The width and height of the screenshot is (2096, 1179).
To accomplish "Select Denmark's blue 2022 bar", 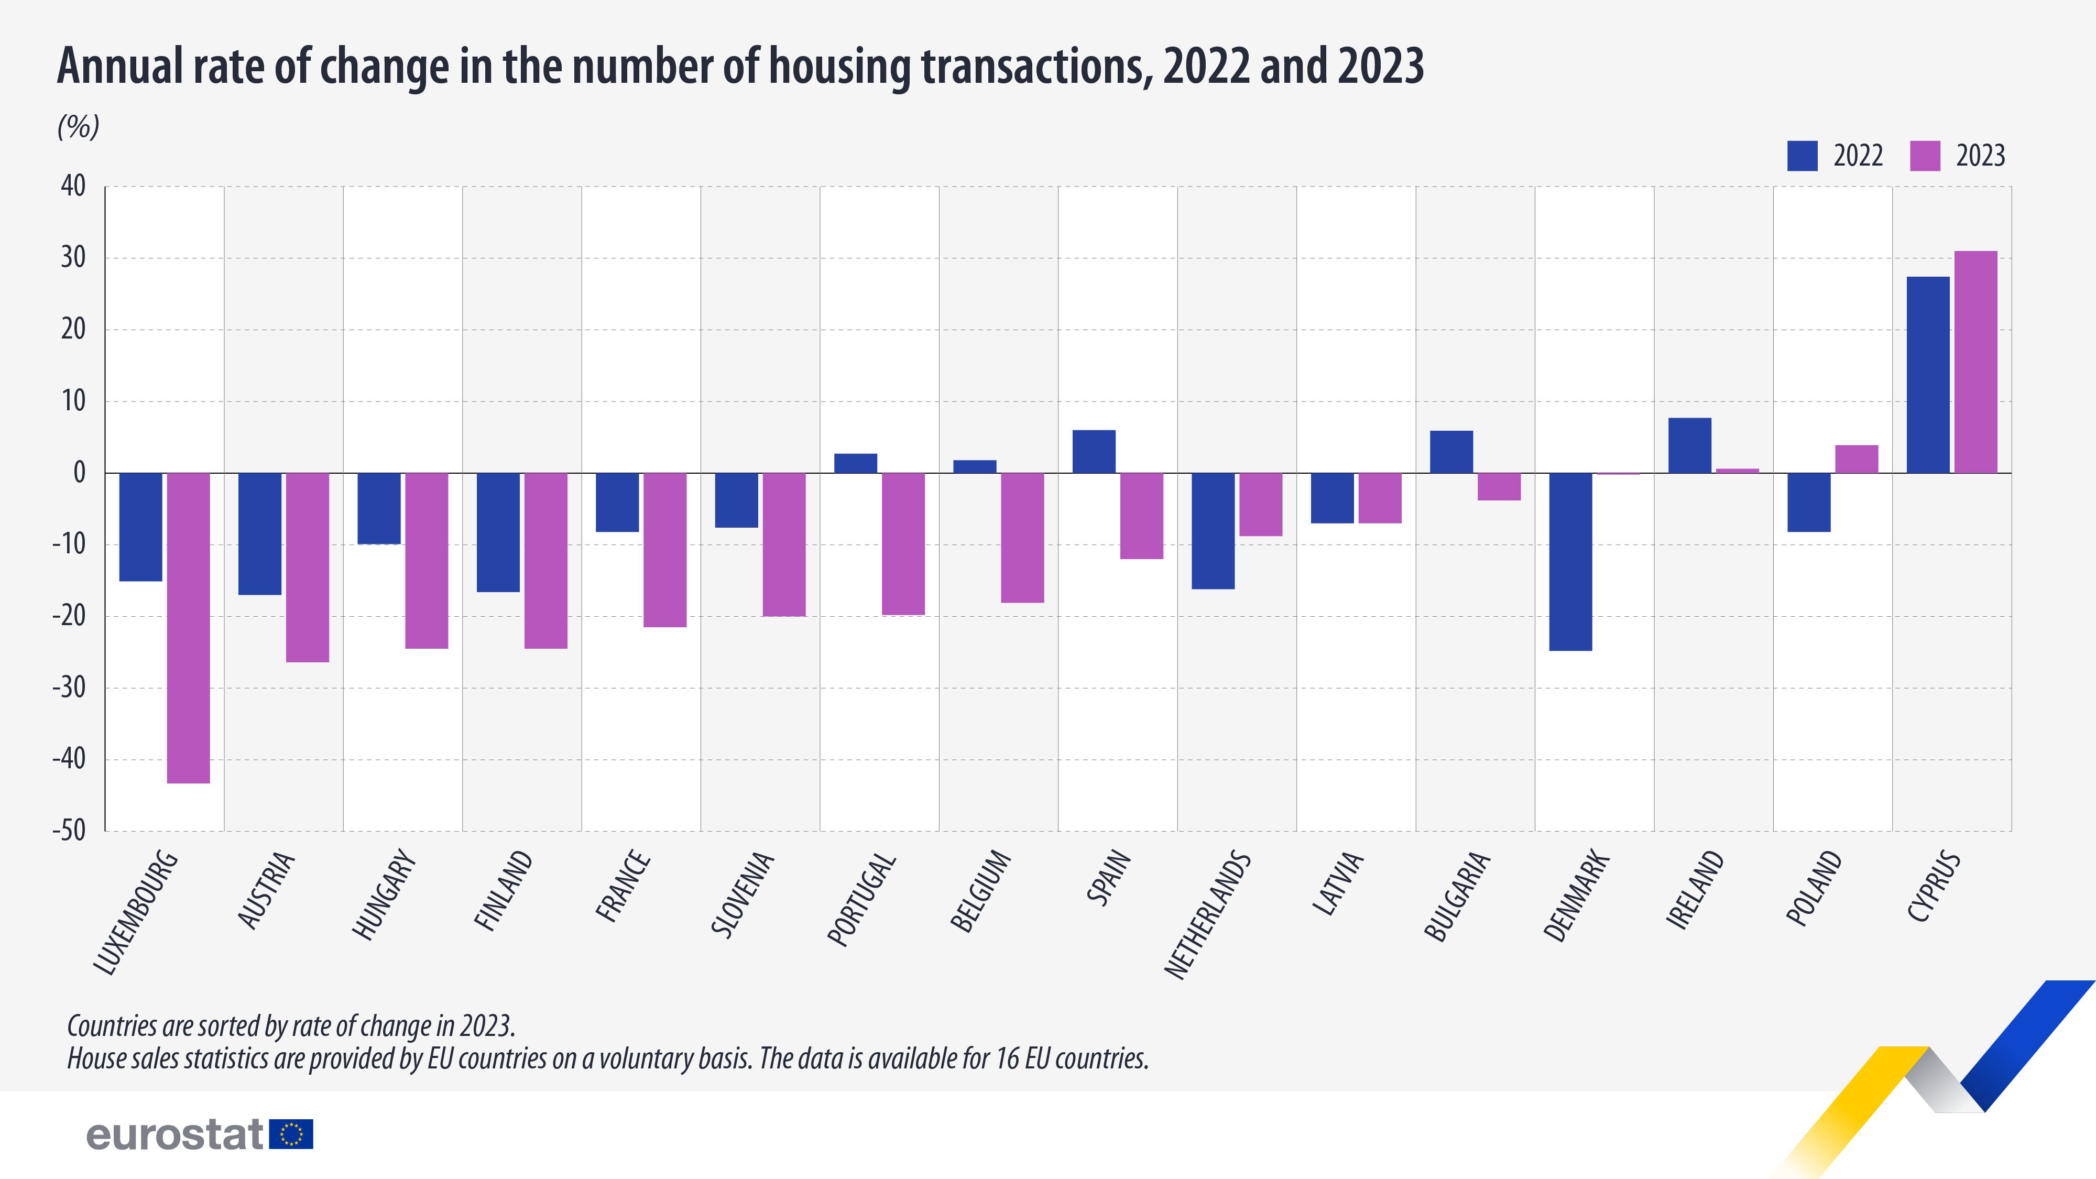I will [1570, 561].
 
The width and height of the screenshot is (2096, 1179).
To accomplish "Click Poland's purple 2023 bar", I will [1857, 459].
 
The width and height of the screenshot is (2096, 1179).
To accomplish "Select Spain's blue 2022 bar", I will [1094, 452].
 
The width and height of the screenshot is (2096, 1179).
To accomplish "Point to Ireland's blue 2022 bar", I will [1689, 445].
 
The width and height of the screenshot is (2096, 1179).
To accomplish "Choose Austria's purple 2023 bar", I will [308, 567].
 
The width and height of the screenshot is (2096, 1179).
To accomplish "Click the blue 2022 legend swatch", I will [1802, 156].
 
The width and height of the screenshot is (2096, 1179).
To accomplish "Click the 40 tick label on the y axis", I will [73, 187].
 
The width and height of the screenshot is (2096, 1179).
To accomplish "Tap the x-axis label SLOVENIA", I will [743, 893].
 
